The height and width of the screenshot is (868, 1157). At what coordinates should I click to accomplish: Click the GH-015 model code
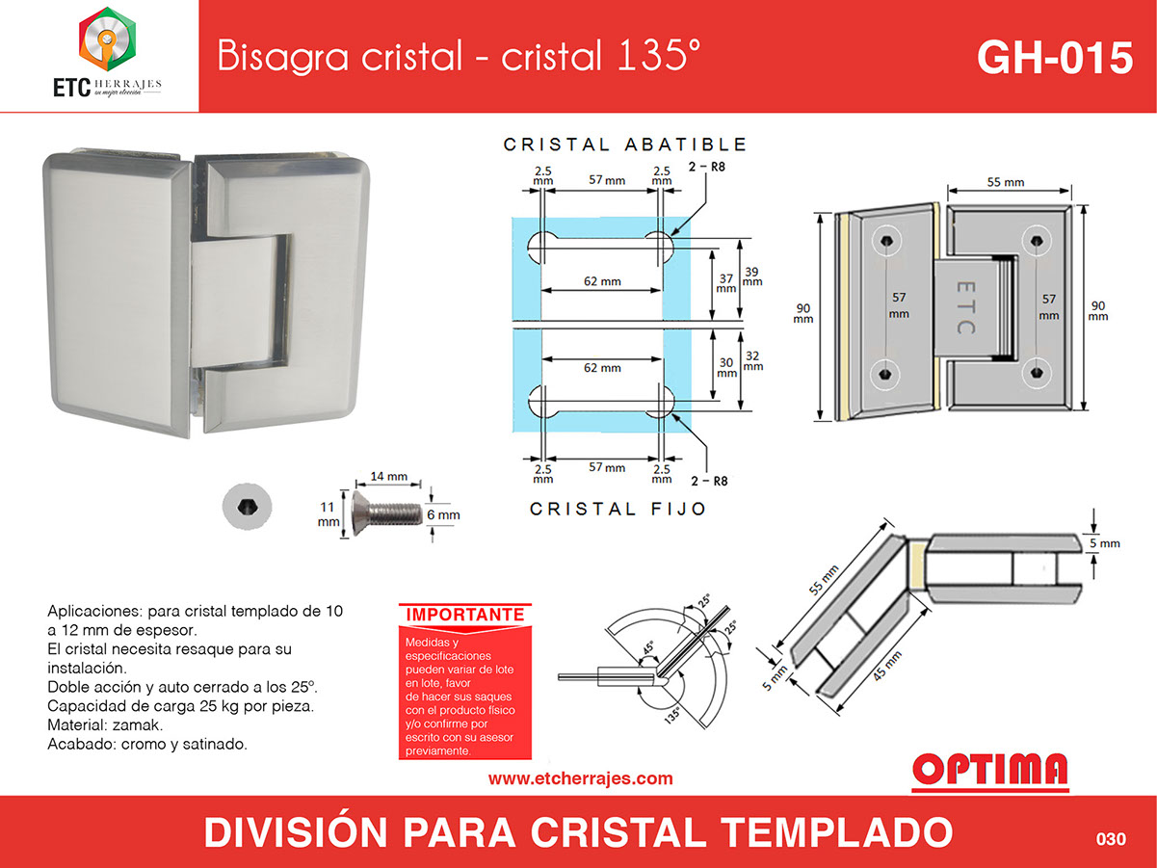1055,58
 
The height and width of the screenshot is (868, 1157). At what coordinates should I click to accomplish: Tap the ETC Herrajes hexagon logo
108,39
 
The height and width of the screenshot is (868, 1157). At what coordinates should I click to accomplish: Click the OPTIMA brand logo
990,771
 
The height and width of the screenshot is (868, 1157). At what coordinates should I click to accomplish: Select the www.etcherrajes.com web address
580,778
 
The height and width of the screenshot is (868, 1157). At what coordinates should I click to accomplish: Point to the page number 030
1111,838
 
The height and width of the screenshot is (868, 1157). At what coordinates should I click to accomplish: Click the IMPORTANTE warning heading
465,615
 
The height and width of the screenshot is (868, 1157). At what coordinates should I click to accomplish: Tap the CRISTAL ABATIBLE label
625,145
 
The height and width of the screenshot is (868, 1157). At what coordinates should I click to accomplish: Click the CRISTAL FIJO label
618,509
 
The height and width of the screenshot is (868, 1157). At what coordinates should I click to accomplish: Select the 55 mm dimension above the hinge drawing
1006,182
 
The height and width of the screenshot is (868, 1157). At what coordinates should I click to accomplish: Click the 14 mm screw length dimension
389,477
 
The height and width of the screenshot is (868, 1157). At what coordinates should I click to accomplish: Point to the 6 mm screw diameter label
443,514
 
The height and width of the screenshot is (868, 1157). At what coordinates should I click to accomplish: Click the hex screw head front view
248,507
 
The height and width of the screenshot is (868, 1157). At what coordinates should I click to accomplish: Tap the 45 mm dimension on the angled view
886,666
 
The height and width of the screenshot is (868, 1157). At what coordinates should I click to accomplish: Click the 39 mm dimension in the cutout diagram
752,276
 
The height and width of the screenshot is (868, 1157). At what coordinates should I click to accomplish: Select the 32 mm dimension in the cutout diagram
752,361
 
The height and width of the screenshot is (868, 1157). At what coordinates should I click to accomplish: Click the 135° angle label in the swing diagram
672,715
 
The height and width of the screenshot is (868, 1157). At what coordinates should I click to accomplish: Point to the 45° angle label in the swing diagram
647,647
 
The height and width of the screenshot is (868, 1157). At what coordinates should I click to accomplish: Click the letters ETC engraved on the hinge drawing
965,308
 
